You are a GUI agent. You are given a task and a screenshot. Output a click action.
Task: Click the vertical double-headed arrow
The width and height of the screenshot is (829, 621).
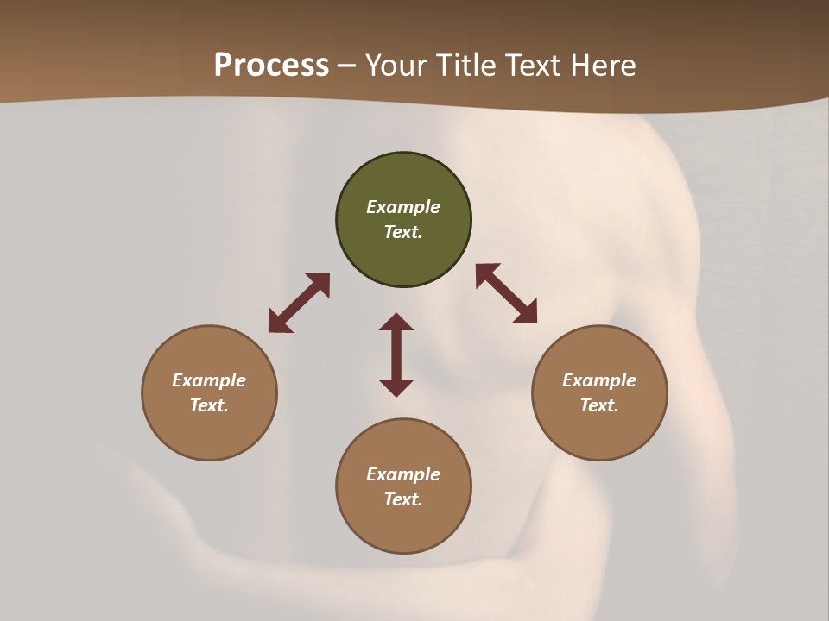click(x=396, y=354)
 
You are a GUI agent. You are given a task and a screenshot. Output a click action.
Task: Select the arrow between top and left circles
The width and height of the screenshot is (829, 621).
click(x=299, y=303)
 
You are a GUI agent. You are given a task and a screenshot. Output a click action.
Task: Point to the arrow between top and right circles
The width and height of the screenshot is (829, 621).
click(x=506, y=293)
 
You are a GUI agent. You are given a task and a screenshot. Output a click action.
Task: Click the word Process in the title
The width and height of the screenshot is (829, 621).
click(x=271, y=66)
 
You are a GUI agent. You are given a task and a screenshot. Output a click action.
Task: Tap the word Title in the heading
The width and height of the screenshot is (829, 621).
click(x=466, y=66)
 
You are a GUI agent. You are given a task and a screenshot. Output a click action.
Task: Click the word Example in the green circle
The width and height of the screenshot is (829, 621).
click(x=403, y=207)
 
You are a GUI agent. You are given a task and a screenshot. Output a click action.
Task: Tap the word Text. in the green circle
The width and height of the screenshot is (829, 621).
click(x=403, y=232)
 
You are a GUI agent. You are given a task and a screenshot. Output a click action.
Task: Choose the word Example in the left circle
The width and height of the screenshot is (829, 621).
click(x=209, y=380)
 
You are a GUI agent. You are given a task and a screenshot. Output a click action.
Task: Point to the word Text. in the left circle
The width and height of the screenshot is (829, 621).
click(x=209, y=405)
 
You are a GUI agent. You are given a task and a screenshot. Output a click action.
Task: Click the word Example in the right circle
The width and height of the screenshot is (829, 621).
click(x=599, y=380)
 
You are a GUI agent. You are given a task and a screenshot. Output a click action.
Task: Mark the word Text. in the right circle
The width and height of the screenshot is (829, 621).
click(x=599, y=405)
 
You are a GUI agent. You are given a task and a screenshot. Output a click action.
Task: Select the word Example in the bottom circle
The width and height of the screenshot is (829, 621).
click(x=403, y=474)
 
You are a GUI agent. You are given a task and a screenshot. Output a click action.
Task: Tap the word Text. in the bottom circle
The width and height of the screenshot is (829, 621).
click(x=403, y=499)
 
